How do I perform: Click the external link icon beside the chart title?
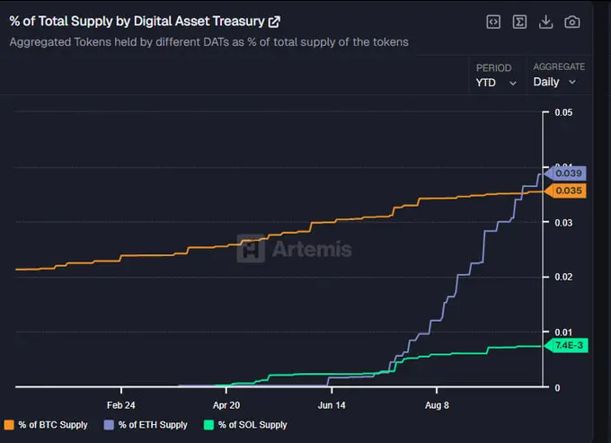(x=274, y=22)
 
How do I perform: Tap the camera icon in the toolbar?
(x=571, y=22)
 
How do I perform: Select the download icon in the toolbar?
(x=545, y=22)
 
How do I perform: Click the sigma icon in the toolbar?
(x=519, y=22)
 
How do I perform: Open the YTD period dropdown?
(x=497, y=82)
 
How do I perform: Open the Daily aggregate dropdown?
(x=554, y=82)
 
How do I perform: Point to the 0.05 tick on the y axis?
(x=563, y=112)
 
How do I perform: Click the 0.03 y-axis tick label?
(x=563, y=222)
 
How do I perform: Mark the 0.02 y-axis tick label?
(x=563, y=277)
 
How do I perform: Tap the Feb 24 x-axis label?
(x=120, y=405)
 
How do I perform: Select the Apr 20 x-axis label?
(x=226, y=405)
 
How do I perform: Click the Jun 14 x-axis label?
(x=332, y=405)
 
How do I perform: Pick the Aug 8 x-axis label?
(x=437, y=405)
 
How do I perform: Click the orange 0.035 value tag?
(x=568, y=190)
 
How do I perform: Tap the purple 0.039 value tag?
(x=568, y=173)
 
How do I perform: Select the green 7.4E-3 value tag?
(x=568, y=345)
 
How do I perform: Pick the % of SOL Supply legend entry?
(x=246, y=425)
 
